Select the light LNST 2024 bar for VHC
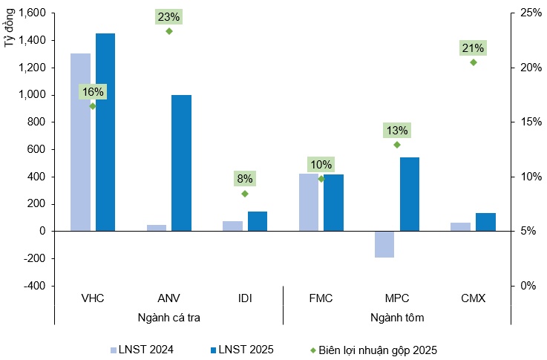point(80,142)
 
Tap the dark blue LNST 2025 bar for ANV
point(181,163)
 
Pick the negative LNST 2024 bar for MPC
point(384,244)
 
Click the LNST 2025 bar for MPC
point(410,194)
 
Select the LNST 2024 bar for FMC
point(309,202)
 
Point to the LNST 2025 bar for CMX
point(485,222)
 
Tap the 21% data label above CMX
point(473,48)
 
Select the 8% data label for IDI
point(245,178)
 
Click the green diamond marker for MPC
point(397,145)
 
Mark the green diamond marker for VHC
point(93,106)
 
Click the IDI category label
point(245,298)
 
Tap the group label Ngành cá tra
point(169,318)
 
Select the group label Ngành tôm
point(397,318)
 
